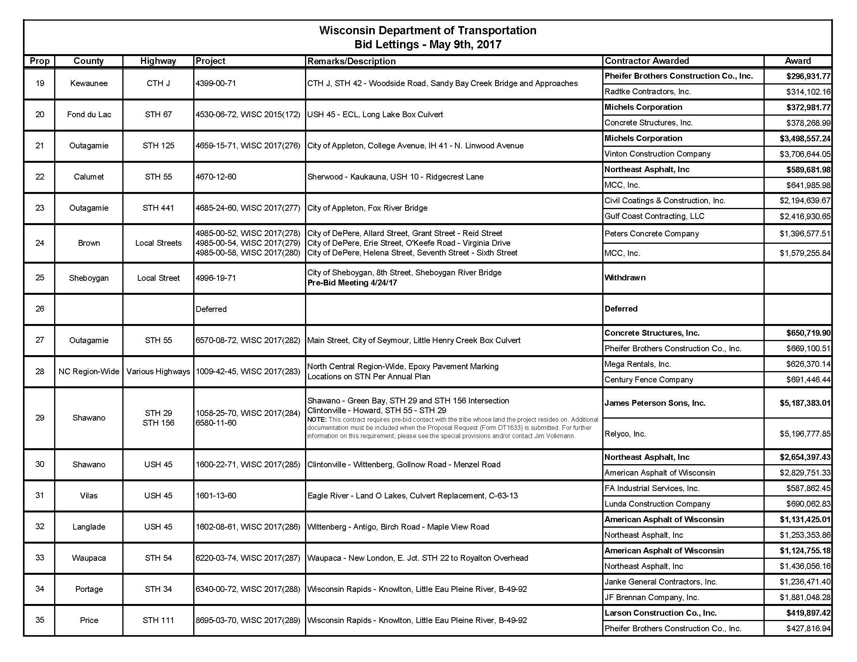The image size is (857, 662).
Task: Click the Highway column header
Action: (158, 61)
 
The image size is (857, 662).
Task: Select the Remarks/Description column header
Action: (351, 61)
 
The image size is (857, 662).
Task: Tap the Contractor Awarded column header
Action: (647, 61)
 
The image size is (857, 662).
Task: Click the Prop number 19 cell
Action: (40, 83)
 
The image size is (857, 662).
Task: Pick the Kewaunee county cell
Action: (89, 83)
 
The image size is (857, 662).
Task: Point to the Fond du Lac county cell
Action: (89, 114)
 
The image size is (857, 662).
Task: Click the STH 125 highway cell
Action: (158, 146)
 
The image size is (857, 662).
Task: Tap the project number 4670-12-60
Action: (216, 177)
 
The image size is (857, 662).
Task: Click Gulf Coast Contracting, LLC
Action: (654, 216)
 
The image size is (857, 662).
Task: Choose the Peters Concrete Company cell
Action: (651, 234)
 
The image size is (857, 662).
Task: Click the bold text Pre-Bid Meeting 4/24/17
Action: (352, 283)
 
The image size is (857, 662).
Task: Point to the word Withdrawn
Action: (625, 278)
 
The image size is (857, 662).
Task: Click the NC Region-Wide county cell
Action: (89, 371)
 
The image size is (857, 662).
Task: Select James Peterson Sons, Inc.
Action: (654, 403)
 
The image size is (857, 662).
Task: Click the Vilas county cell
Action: (89, 496)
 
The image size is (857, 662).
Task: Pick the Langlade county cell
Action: (89, 527)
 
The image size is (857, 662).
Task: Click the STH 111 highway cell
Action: (158, 620)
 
